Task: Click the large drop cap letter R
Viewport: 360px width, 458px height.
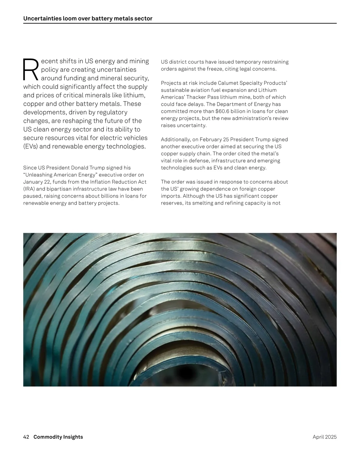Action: (x=31, y=70)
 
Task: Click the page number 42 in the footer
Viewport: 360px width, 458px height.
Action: (x=26, y=437)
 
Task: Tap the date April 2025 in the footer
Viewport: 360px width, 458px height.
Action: (x=325, y=437)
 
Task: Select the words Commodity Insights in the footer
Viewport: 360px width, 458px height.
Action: (x=58, y=437)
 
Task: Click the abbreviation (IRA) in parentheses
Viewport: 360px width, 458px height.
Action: (x=29, y=189)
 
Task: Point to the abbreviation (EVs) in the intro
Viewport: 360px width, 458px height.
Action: (x=30, y=147)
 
